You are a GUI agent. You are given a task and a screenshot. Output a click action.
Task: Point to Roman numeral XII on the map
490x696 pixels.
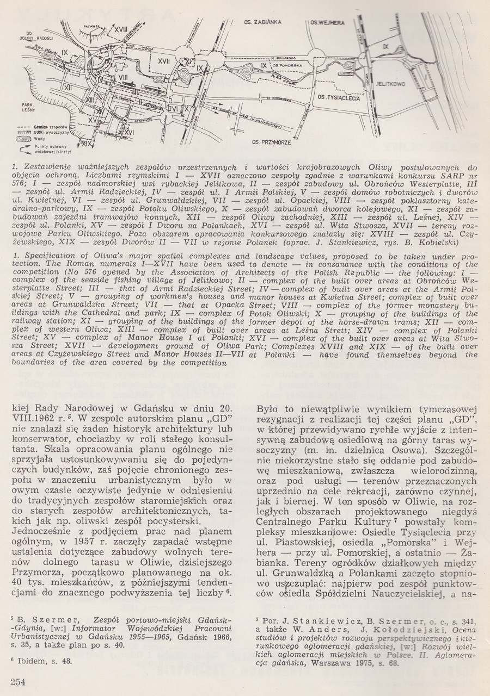(68, 86)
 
